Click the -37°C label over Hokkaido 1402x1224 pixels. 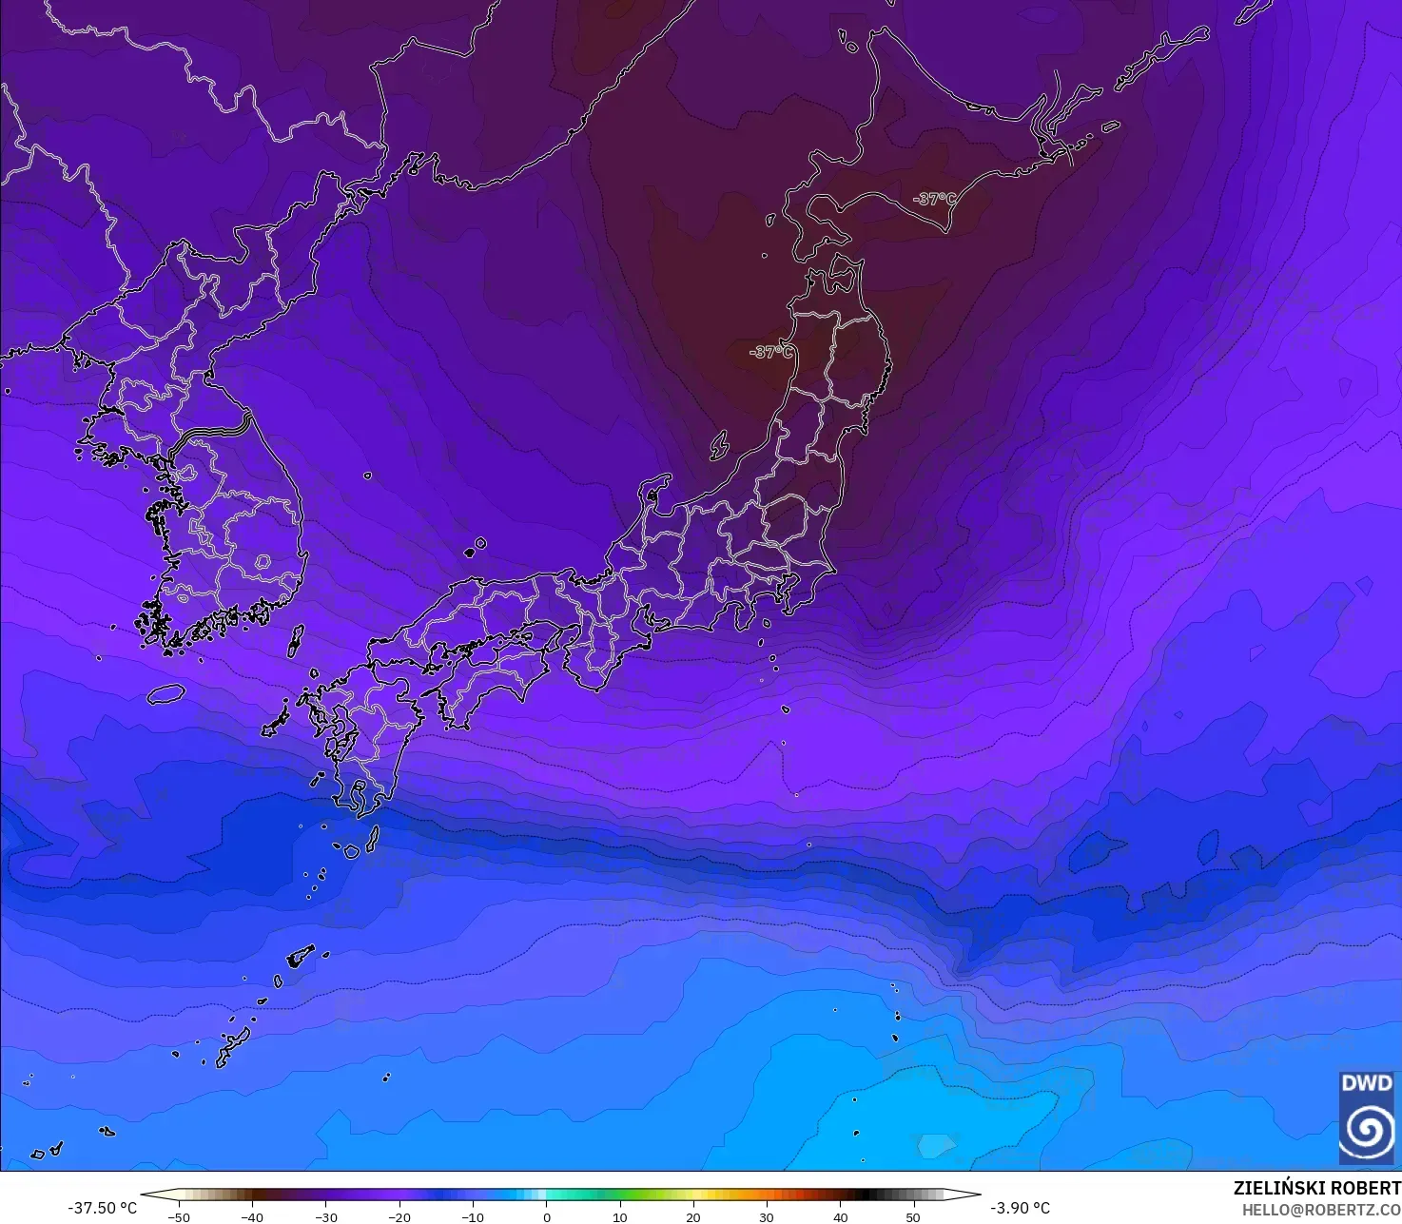(933, 199)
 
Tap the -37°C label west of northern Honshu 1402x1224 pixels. (771, 352)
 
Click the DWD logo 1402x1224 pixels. (1367, 1117)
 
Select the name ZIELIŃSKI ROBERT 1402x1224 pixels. (1316, 1188)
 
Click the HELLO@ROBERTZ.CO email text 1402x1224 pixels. (1321, 1209)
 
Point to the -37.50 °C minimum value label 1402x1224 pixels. (103, 1208)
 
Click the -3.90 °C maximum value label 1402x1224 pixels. (1020, 1208)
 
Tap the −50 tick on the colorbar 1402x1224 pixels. (178, 1217)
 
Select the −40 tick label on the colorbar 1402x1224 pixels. (251, 1217)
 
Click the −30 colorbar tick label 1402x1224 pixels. (325, 1217)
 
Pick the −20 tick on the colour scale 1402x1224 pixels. (399, 1217)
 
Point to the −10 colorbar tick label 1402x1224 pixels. (473, 1217)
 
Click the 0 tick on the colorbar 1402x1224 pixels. (547, 1217)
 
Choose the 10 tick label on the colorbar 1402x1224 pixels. (620, 1217)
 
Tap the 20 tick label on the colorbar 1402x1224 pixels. (693, 1217)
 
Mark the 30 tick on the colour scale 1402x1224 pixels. (767, 1217)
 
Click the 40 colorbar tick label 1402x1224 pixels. (841, 1217)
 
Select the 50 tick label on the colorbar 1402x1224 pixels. (914, 1217)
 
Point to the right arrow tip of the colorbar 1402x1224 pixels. (979, 1195)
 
